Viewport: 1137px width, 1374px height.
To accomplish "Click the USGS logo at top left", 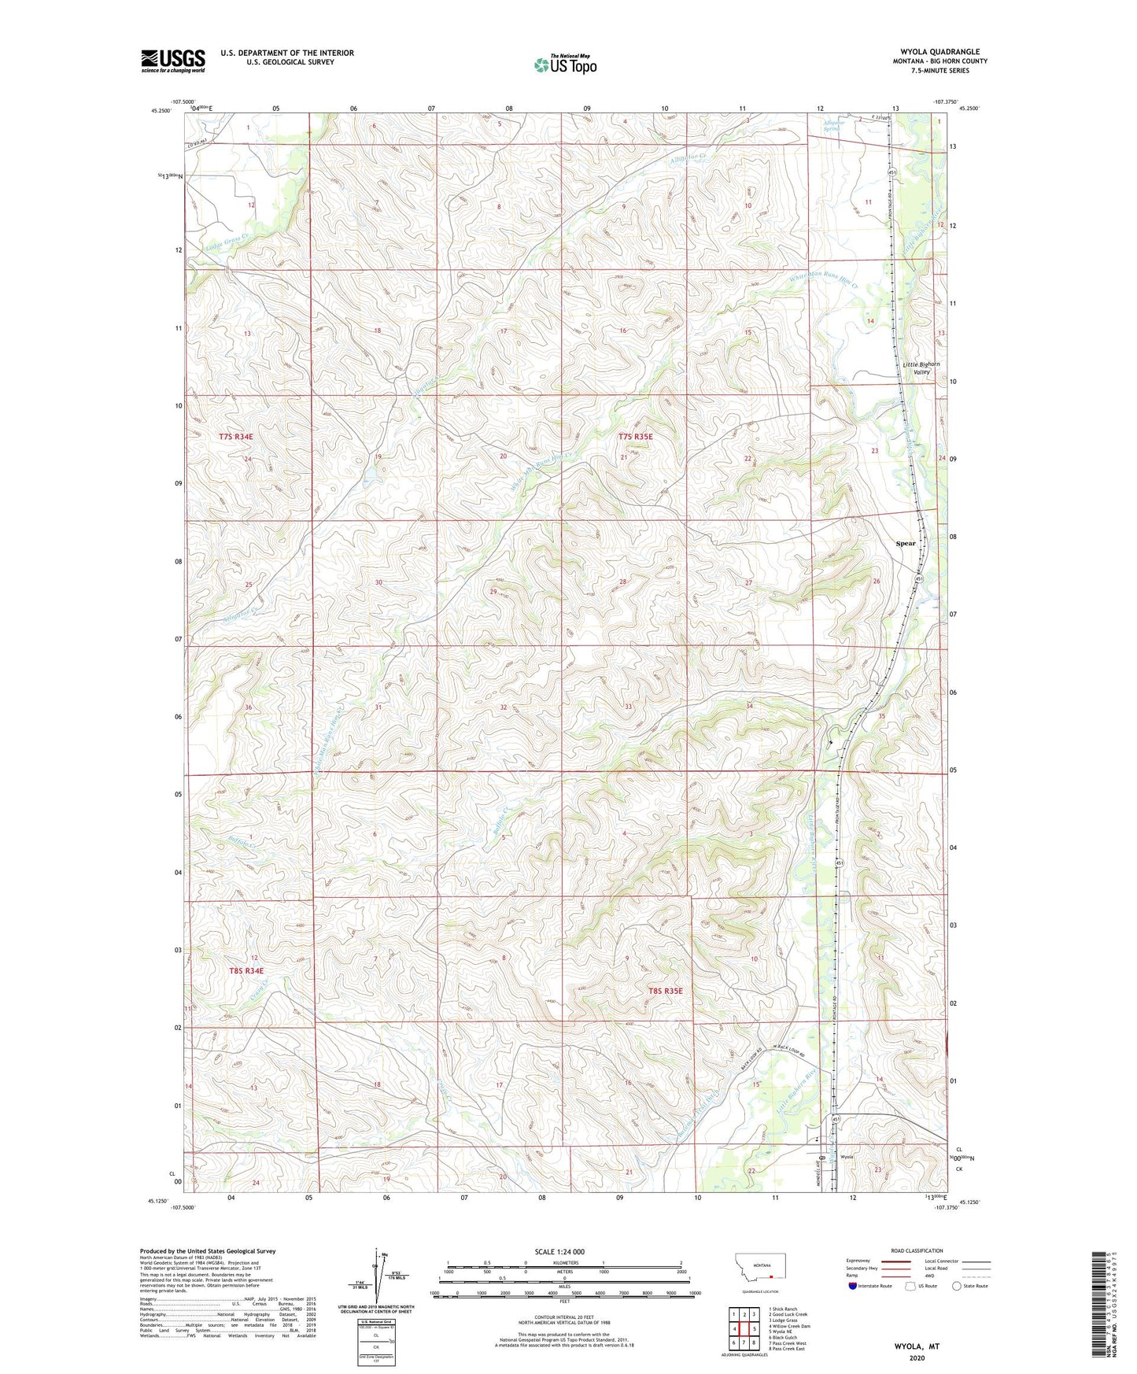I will pyautogui.click(x=172, y=61).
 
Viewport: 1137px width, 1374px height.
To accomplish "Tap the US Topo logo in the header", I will pyautogui.click(x=565, y=65).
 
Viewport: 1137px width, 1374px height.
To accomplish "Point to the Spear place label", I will pyautogui.click(x=905, y=543).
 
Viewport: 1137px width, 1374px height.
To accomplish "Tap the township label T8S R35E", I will pyautogui.click(x=665, y=991).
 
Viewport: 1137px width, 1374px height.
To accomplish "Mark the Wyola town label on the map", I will pyautogui.click(x=847, y=1157).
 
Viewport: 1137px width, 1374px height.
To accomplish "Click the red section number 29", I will pyautogui.click(x=493, y=591).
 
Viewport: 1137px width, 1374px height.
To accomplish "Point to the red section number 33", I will pyautogui.click(x=628, y=707).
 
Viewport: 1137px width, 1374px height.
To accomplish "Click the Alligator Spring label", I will pyautogui.click(x=832, y=124).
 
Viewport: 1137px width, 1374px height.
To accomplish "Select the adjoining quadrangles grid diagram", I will pyautogui.click(x=744, y=1330).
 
